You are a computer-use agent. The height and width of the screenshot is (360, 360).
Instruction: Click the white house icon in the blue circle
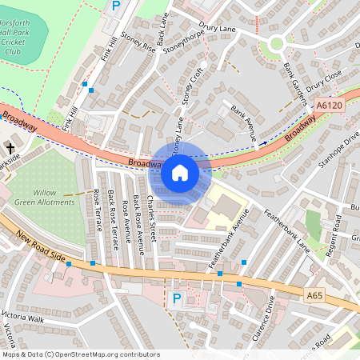coord(180,172)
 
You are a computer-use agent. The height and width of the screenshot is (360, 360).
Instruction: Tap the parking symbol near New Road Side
coord(178,298)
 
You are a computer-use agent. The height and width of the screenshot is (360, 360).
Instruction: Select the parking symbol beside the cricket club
coord(116,6)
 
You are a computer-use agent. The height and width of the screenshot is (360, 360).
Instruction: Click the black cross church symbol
coord(10,148)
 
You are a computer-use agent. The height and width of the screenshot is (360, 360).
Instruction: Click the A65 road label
coord(316,296)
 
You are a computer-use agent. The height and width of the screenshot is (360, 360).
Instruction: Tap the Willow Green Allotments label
coord(54,197)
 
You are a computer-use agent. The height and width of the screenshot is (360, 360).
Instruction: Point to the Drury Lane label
coord(218,29)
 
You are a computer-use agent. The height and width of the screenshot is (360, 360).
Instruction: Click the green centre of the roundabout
coord(278,44)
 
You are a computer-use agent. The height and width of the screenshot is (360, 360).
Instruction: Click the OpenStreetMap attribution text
coord(81,354)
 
